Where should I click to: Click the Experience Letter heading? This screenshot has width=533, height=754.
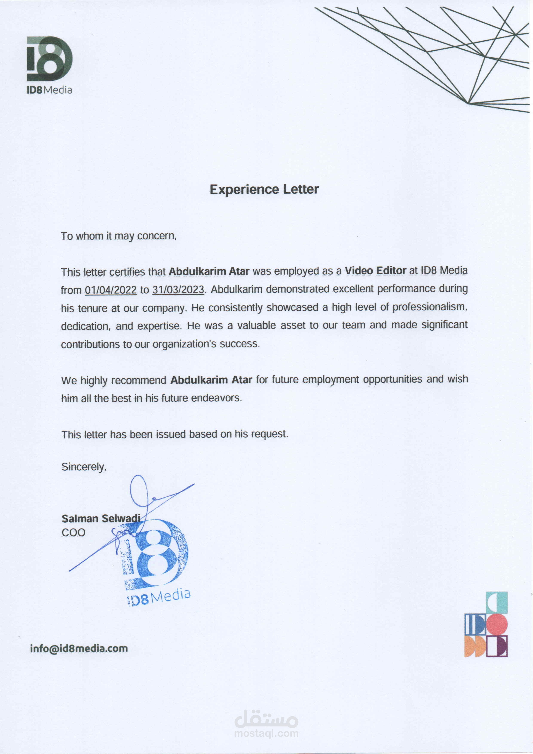click(264, 189)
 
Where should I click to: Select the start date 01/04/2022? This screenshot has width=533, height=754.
click(111, 290)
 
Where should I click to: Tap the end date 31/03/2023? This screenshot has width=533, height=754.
click(178, 290)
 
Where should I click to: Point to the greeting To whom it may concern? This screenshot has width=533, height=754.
click(118, 236)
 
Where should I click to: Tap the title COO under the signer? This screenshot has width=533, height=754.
click(73, 532)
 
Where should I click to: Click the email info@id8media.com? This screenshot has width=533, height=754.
click(79, 649)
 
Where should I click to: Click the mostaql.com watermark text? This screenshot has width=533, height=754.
click(266, 733)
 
